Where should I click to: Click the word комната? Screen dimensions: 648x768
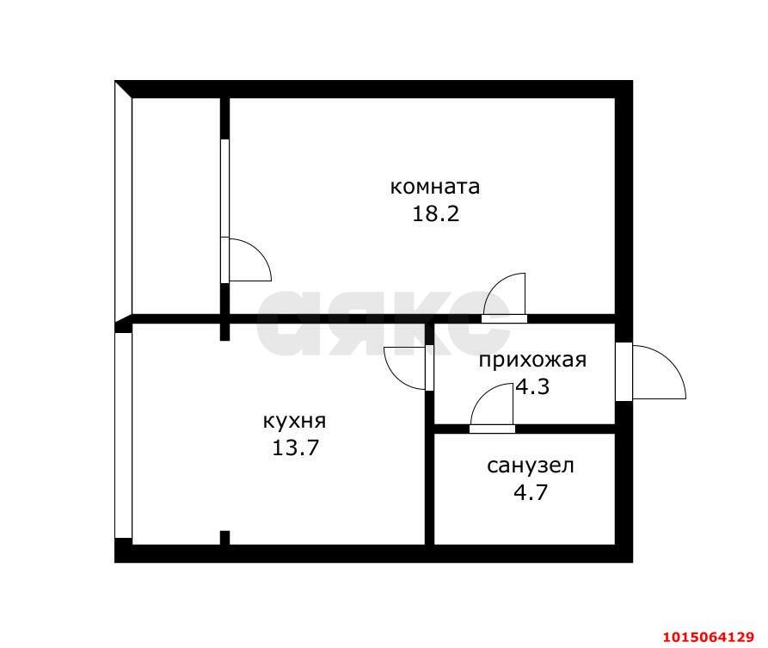click(434, 187)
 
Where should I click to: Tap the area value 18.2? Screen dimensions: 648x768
click(435, 213)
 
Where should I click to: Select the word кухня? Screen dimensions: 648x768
click(294, 421)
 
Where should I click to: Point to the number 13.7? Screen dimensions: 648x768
click(294, 447)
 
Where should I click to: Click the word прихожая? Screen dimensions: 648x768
click(532, 360)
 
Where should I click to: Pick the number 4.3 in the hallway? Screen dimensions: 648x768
click(532, 386)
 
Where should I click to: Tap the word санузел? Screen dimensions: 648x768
click(530, 466)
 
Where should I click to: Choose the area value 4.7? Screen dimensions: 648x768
click(530, 493)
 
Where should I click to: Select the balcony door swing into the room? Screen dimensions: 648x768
click(247, 261)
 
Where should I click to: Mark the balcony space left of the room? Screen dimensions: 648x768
click(176, 207)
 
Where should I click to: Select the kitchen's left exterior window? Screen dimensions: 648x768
click(123, 435)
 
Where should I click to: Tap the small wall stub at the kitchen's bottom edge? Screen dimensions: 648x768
click(224, 538)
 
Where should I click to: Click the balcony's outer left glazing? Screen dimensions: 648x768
click(123, 202)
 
